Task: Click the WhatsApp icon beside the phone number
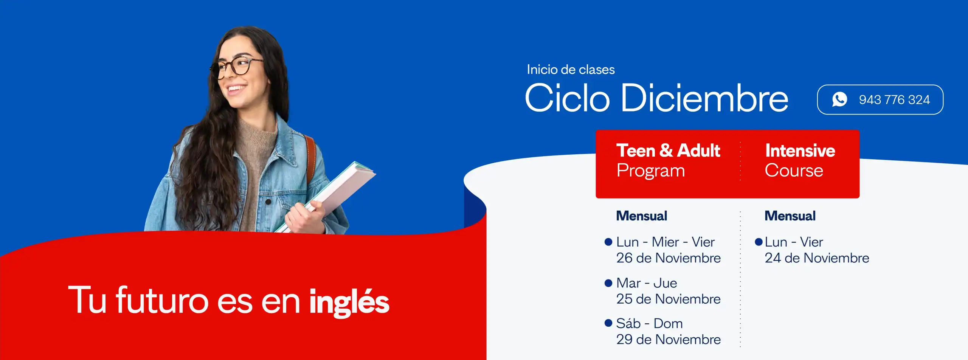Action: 839,99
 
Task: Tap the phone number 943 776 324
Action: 894,100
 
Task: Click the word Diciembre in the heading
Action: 704,98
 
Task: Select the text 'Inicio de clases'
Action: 571,70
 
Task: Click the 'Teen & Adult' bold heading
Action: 668,151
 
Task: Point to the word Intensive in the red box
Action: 800,151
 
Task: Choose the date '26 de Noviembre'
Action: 668,258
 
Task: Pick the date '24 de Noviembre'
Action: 817,258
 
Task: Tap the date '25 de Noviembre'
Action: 668,299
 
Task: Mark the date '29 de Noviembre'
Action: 668,339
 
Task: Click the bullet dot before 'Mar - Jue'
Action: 608,283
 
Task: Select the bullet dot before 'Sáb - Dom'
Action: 608,323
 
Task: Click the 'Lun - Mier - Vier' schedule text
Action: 665,242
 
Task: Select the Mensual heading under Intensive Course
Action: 790,216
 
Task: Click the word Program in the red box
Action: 650,171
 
